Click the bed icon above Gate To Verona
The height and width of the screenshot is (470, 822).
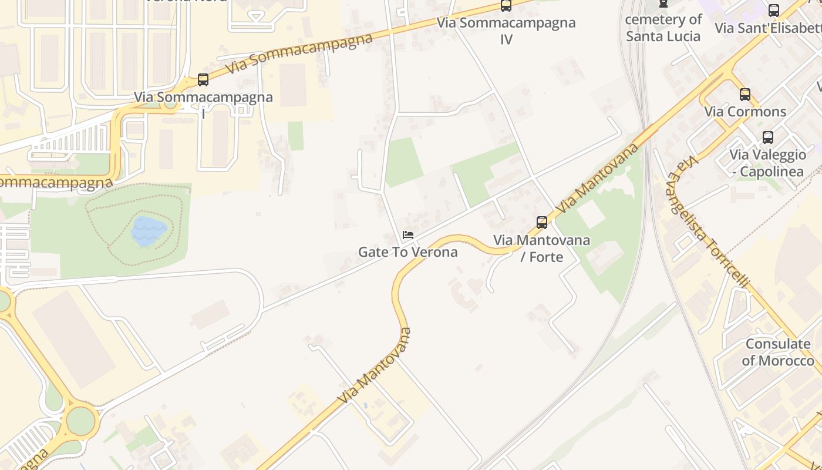(x=408, y=236)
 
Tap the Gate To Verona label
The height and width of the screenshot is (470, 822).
(x=408, y=252)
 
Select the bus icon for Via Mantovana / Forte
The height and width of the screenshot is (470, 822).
(x=542, y=223)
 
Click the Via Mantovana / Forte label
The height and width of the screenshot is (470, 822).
(x=541, y=248)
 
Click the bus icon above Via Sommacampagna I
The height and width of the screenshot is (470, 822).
(x=203, y=80)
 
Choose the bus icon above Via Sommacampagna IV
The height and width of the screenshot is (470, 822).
(x=506, y=5)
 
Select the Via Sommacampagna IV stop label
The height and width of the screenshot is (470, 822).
(x=506, y=31)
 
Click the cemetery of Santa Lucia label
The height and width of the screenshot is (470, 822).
(x=663, y=28)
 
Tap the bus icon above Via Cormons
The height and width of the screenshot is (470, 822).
(x=745, y=94)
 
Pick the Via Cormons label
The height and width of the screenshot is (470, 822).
(x=745, y=112)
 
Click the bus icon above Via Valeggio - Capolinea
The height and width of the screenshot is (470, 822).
(x=768, y=137)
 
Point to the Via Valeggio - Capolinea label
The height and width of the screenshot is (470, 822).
(x=768, y=163)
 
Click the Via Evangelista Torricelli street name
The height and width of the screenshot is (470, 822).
(x=708, y=222)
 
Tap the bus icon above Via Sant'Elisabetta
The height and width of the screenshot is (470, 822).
(x=774, y=11)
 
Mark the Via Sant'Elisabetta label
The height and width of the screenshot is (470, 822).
(x=766, y=28)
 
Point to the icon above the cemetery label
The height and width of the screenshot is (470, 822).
(x=663, y=3)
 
